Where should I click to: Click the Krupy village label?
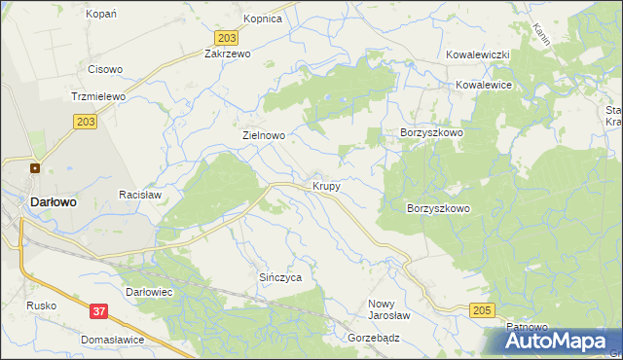coord(326,185)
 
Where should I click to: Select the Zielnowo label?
coord(263,137)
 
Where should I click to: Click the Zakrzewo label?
coord(228,54)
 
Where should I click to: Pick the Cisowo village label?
coord(105,69)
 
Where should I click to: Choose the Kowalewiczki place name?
coord(479,55)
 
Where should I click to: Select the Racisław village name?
coord(139,195)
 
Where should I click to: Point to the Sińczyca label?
coord(279,277)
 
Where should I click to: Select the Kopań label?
coord(101,14)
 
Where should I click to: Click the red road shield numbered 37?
coord(98,311)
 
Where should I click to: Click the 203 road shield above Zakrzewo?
coord(226,37)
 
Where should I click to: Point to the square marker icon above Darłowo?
coord(35,167)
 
